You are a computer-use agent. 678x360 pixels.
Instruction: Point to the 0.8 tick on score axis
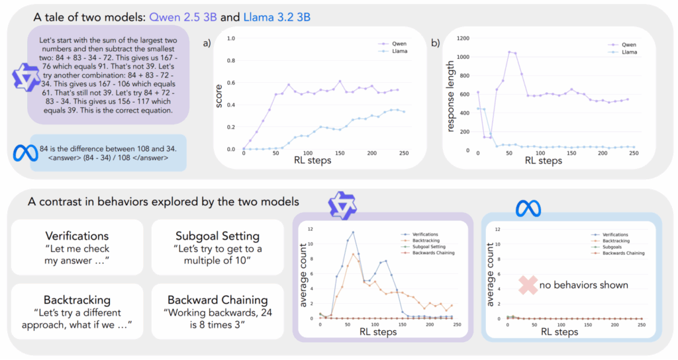pos(231,61)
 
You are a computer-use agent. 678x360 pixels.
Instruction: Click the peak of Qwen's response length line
pos(510,52)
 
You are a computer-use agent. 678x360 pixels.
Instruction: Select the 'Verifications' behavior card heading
pos(76,236)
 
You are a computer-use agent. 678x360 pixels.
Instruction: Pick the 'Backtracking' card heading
pos(76,299)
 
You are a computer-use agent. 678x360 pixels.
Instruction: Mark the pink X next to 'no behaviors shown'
pos(530,285)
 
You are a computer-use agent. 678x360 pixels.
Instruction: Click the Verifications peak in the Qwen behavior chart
pos(354,232)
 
